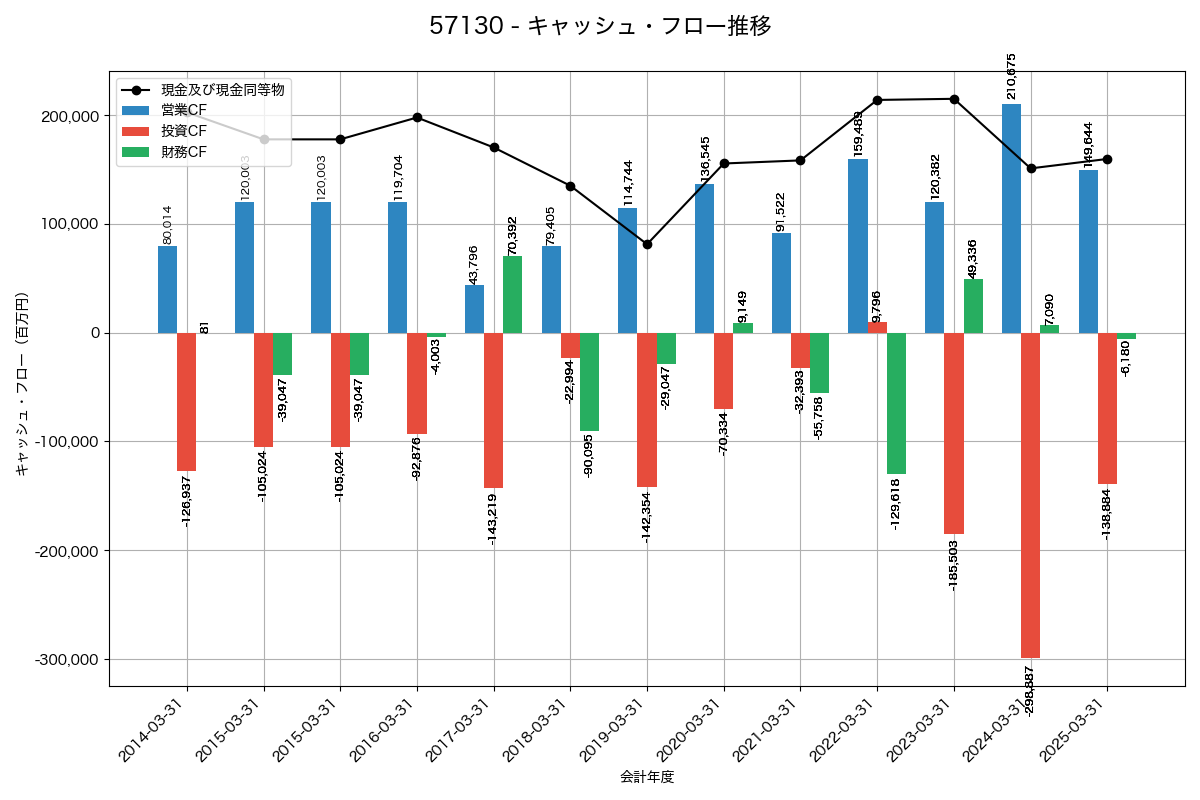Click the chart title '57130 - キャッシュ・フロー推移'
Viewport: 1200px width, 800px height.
pyautogui.click(x=600, y=26)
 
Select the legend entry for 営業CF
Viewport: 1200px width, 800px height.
pyautogui.click(x=184, y=109)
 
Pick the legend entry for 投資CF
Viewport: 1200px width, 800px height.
pyautogui.click(x=184, y=131)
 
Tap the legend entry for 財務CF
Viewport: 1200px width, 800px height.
pyautogui.click(x=184, y=152)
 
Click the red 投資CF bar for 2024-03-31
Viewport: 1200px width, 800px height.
pyautogui.click(x=1030, y=495)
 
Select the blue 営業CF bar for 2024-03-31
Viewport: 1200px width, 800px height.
pyautogui.click(x=1011, y=218)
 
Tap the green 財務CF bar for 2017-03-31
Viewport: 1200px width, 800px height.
pyautogui.click(x=513, y=294)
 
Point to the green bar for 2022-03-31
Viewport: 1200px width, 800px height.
pyautogui.click(x=896, y=403)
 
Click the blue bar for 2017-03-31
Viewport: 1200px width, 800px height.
pyautogui.click(x=474, y=309)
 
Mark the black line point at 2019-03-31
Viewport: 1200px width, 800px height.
pyautogui.click(x=647, y=244)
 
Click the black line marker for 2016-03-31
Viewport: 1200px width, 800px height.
pyautogui.click(x=417, y=117)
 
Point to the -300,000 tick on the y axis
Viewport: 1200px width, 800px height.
pyautogui.click(x=69, y=660)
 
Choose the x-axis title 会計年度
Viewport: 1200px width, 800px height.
pyautogui.click(x=647, y=777)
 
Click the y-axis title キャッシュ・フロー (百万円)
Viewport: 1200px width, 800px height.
pyautogui.click(x=22, y=383)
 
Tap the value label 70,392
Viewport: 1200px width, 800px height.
pyautogui.click(x=513, y=235)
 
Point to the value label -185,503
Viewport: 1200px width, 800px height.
pyautogui.click(x=954, y=565)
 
